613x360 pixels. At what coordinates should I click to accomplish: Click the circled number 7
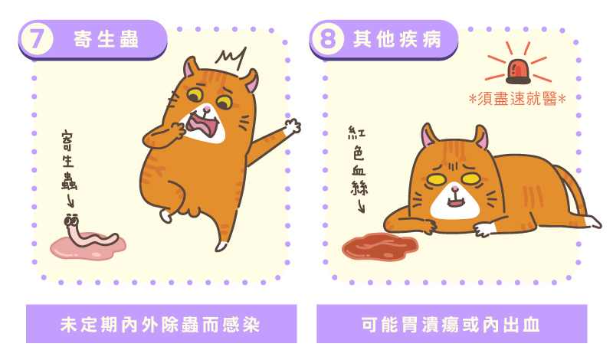36,39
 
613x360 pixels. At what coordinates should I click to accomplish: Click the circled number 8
328,39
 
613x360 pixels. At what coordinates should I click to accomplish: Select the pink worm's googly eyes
71,221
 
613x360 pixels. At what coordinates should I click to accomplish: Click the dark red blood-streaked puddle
380,247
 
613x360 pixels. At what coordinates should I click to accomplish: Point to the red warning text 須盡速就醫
517,99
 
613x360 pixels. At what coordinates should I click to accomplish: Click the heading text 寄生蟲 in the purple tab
106,40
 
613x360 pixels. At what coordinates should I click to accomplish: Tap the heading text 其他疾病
397,40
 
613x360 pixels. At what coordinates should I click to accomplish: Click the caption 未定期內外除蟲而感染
160,325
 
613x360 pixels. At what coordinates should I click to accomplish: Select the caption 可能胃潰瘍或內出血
451,325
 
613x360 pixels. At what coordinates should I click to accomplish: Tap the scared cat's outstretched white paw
292,127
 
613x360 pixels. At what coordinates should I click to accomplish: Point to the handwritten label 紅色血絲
358,160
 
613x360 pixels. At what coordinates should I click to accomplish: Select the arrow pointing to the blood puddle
361,205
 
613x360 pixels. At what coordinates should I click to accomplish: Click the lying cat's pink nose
454,189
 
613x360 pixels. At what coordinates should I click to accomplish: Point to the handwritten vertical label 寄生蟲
68,161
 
